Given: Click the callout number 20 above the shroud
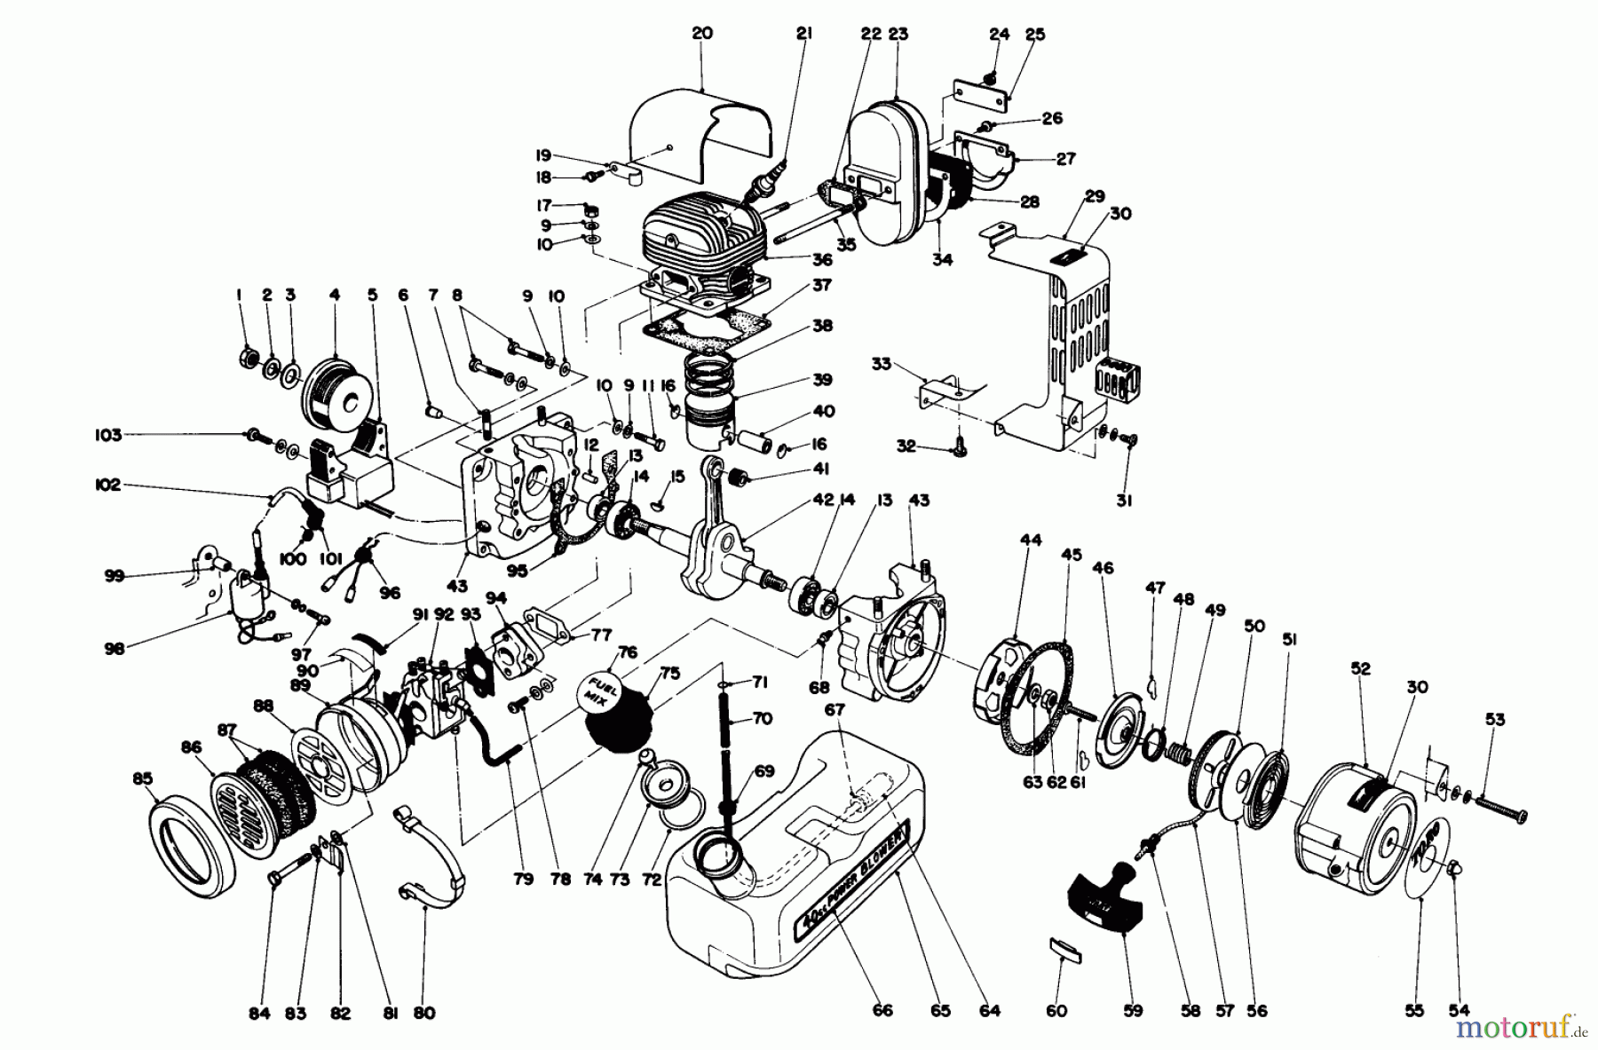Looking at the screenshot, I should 702,34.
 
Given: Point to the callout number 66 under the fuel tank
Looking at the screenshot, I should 882,1010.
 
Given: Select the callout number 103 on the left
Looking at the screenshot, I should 109,435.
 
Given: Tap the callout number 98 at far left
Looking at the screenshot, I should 113,648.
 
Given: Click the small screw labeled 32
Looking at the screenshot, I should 957,452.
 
